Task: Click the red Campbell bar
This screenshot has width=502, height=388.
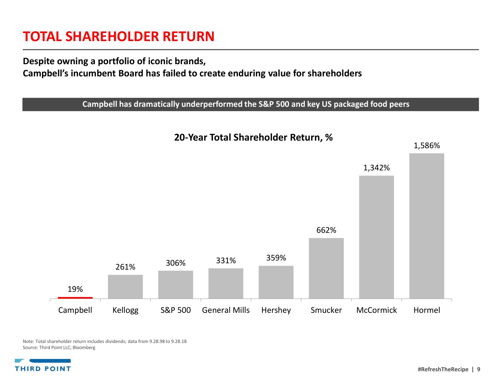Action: click(x=75, y=297)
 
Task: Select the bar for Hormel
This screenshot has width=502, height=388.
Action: click(x=427, y=226)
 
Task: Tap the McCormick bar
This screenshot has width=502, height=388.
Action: click(x=376, y=237)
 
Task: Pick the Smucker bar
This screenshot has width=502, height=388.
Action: click(x=326, y=268)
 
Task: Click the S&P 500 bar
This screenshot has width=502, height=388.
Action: click(x=176, y=285)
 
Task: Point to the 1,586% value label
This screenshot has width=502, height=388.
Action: click(x=427, y=146)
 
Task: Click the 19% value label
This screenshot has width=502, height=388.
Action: click(x=75, y=289)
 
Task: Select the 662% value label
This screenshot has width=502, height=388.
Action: click(x=326, y=230)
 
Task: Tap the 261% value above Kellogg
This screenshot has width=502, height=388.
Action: click(x=125, y=267)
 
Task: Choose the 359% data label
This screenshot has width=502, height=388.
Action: click(x=276, y=258)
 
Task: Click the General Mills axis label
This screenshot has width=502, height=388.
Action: click(x=226, y=310)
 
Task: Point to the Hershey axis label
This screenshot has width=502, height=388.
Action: click(x=276, y=310)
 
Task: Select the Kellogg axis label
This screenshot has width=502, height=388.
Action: click(x=125, y=310)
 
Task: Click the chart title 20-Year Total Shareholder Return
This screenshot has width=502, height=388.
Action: click(x=253, y=138)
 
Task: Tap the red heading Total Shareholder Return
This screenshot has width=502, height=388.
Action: click(x=119, y=37)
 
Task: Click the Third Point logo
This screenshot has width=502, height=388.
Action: click(x=43, y=365)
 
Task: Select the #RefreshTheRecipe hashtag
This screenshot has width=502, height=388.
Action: click(x=443, y=369)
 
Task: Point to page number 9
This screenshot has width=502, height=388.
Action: click(x=479, y=369)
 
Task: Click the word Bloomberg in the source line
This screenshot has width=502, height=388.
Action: click(x=84, y=348)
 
